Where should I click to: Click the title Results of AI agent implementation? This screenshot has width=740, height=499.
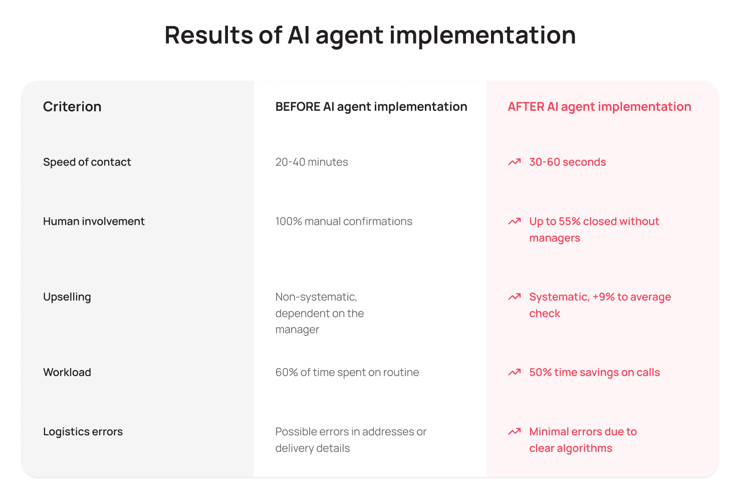tap(370, 35)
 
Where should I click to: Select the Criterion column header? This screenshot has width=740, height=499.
tap(72, 106)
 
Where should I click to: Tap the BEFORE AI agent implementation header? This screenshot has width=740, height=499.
tap(371, 107)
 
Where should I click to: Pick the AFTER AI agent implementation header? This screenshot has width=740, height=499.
tap(599, 107)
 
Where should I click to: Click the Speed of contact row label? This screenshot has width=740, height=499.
tap(87, 162)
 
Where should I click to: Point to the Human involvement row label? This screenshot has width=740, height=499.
tap(94, 221)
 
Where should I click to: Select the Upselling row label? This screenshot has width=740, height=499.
tap(67, 297)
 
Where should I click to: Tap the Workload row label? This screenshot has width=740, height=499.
tap(67, 372)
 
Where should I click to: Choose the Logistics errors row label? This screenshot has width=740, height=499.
tap(83, 431)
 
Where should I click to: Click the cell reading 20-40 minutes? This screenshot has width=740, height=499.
tap(312, 162)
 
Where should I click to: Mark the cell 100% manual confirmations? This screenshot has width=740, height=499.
tap(344, 221)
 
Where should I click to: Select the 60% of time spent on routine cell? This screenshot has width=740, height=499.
tap(347, 372)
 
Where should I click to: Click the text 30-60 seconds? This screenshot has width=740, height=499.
tap(568, 162)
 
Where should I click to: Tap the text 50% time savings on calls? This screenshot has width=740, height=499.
tap(595, 372)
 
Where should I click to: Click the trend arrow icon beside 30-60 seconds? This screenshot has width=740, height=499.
tap(515, 161)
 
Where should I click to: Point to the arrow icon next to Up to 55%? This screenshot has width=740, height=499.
tap(515, 221)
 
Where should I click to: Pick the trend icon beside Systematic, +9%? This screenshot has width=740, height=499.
tap(515, 296)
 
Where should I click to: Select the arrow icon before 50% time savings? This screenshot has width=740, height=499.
tap(515, 372)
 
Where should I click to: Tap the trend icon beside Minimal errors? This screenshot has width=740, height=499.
tap(515, 431)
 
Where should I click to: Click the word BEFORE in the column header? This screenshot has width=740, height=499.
tap(298, 107)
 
